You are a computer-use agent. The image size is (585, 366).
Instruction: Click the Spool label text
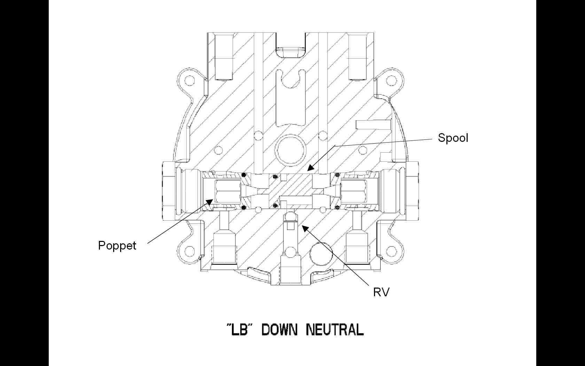click(453, 138)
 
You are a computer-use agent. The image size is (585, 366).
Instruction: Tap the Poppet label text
click(117, 246)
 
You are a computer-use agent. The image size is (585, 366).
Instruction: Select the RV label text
click(381, 292)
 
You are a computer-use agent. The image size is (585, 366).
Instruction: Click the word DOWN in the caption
click(279, 329)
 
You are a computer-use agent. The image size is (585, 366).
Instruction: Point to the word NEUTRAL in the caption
click(335, 329)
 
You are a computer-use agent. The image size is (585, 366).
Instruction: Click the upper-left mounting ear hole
click(189, 81)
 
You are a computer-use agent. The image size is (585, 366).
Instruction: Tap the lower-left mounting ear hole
click(189, 251)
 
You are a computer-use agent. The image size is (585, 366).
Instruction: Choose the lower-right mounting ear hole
click(392, 251)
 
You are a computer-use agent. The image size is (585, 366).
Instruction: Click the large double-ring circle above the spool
click(290, 150)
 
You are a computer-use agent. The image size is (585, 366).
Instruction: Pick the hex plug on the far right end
click(413, 190)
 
